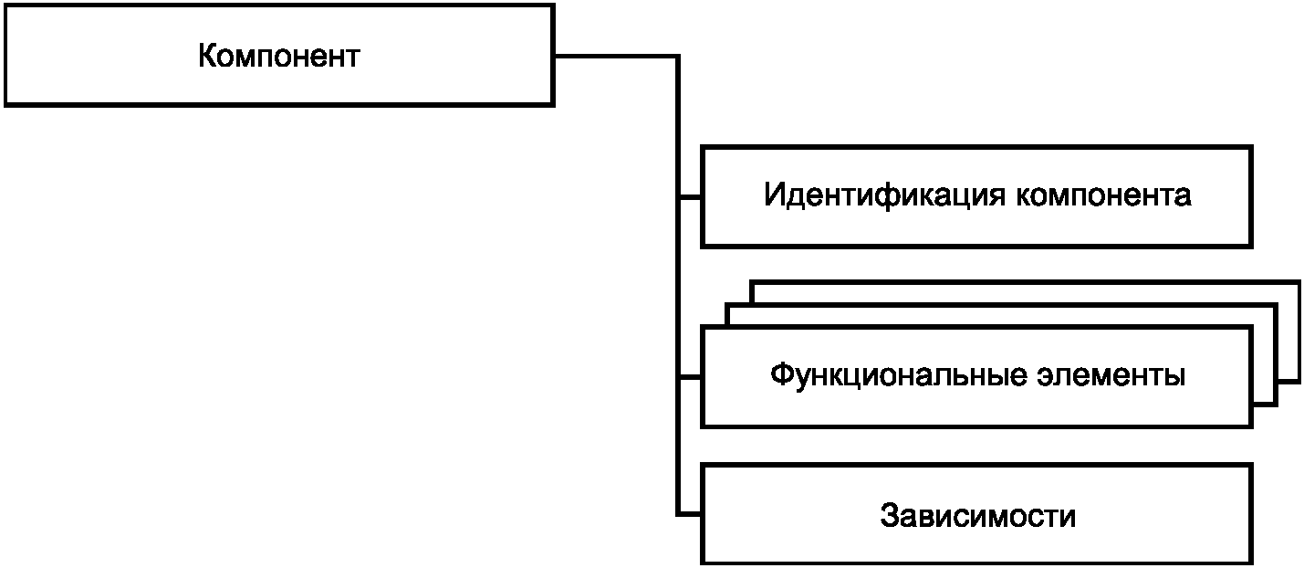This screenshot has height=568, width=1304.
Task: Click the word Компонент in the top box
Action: tap(278, 57)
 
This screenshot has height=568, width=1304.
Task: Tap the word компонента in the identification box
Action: tap(1103, 195)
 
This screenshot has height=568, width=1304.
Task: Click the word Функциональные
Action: tap(889, 375)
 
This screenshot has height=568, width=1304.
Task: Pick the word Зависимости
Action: tap(977, 516)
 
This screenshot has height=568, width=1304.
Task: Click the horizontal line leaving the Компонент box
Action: tap(616, 57)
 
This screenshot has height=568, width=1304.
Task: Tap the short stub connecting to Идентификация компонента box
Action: tap(689, 196)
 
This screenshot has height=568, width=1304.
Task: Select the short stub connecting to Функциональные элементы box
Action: tap(689, 376)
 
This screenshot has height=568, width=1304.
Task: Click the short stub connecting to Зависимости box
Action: tap(689, 516)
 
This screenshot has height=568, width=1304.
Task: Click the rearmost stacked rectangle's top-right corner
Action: tap(1298, 281)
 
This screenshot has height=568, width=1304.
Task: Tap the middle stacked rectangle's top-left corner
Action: tap(727, 305)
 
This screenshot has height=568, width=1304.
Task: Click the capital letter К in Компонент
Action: tap(207, 57)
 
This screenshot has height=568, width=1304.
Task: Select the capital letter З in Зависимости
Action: tap(890, 516)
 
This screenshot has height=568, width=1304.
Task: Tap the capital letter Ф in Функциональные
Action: tap(781, 375)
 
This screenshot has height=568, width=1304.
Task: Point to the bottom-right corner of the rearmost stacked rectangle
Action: tap(1298, 378)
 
